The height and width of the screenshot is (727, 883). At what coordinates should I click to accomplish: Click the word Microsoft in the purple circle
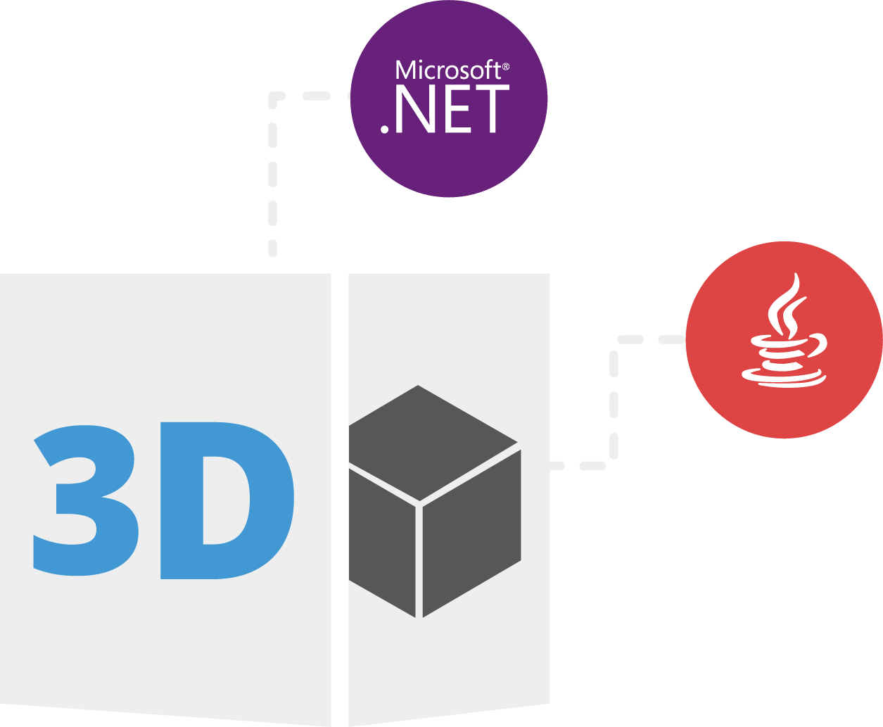point(448,70)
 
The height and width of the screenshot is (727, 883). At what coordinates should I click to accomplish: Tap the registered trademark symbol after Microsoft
point(506,67)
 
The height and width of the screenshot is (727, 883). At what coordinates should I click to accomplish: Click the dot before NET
point(384,129)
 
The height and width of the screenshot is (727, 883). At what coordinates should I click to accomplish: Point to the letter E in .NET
point(457,109)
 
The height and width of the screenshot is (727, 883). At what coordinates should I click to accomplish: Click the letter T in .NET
point(493,109)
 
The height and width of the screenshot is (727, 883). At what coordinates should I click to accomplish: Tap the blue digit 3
point(86,500)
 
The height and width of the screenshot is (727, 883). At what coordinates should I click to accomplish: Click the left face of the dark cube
point(382,543)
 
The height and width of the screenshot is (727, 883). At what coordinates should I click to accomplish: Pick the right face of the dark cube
point(472,533)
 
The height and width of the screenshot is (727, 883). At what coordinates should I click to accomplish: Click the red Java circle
point(784,340)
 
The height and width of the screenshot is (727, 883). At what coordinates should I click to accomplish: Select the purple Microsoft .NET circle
point(449,99)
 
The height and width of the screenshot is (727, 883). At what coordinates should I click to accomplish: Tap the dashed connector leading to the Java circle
point(614,402)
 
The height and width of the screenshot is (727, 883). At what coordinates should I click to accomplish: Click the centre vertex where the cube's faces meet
point(419,504)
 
